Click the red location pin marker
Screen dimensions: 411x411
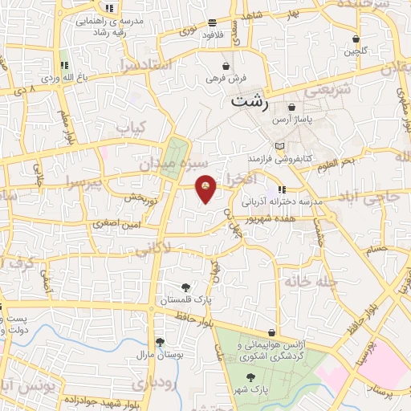click(x=206, y=188)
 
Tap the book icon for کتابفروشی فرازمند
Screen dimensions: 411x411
click(x=280, y=145)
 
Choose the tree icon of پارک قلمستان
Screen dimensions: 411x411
click(x=186, y=287)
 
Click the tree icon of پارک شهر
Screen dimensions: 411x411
click(x=250, y=376)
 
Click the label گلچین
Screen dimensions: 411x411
click(x=355, y=51)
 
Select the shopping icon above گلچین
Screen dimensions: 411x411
click(x=355, y=39)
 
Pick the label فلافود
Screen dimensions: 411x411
click(x=211, y=35)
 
